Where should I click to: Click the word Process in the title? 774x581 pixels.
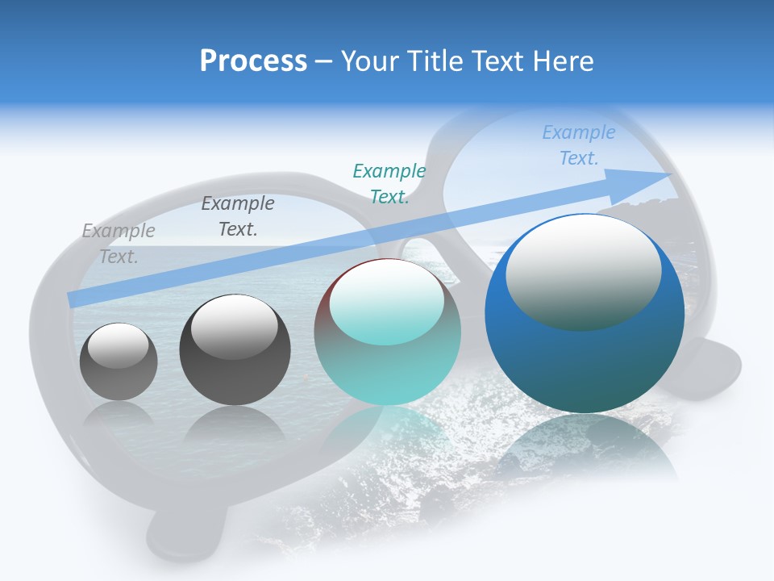tap(253, 61)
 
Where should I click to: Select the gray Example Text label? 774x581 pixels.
tap(119, 244)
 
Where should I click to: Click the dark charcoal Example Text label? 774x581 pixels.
tap(238, 216)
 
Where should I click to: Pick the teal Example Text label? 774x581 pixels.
tap(389, 184)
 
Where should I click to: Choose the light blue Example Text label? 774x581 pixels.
tap(579, 145)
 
